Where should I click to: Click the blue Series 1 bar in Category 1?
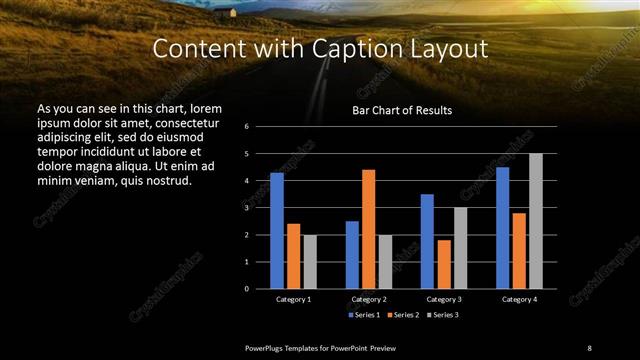277,230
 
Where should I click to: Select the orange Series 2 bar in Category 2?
368,229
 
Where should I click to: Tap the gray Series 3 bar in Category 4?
536,221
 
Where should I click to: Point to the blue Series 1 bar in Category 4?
502,227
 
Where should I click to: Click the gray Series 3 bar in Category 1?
309,261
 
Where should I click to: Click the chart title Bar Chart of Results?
402,109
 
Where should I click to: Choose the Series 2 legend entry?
402,315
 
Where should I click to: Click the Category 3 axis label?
443,299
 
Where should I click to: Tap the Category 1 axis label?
293,299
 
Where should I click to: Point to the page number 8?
589,347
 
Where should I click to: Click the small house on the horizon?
234,13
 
